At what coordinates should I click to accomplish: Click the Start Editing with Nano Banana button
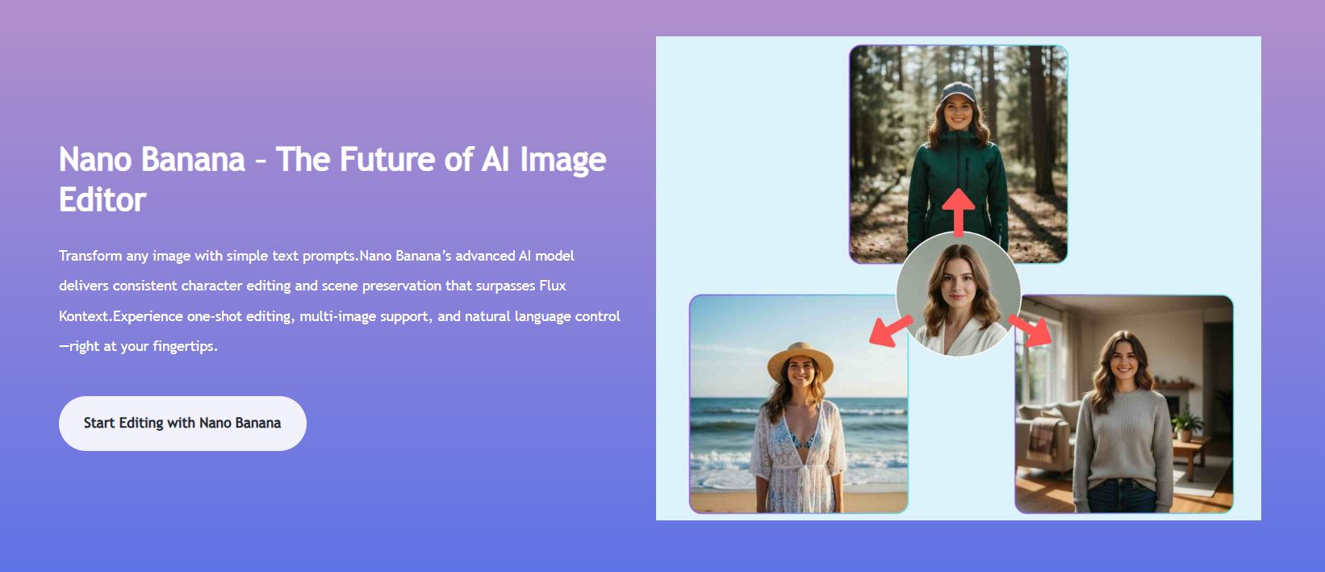point(182,424)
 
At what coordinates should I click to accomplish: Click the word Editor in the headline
point(102,200)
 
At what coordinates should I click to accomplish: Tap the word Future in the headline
point(388,160)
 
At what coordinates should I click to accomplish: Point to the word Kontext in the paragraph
point(84,316)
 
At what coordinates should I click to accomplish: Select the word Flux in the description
point(553,286)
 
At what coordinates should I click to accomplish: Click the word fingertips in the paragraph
point(183,347)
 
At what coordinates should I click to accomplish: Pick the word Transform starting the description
point(90,256)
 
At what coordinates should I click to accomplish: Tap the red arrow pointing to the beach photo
point(890,332)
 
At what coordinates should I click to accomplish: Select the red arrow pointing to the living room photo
point(1030,330)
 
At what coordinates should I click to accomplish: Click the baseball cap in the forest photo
point(959,92)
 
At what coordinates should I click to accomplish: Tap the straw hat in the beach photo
point(800,360)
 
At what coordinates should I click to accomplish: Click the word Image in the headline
point(562,161)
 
